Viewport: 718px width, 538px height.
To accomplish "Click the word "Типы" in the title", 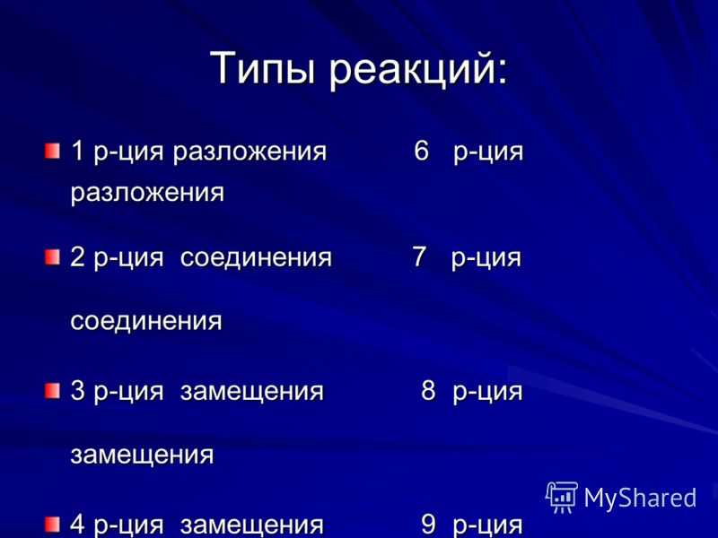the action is coord(263,69).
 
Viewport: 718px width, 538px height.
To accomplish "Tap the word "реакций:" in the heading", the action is coord(418,69).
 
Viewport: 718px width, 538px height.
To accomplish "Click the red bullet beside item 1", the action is coord(53,151).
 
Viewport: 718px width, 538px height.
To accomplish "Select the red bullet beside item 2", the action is coord(53,257).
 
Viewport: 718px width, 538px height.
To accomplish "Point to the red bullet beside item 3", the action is coord(53,391).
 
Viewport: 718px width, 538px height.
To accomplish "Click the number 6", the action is coord(421,151).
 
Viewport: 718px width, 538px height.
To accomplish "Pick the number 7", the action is coord(419,257).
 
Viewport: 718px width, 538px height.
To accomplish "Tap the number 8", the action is coord(428,391).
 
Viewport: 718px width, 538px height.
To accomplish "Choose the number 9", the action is coord(428,525).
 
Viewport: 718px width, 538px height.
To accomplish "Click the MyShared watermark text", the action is coord(640,498).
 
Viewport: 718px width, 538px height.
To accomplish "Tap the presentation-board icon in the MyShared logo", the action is coord(562,498).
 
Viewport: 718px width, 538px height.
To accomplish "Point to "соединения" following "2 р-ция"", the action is coord(256,258).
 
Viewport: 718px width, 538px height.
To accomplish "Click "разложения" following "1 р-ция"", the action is coord(250,152).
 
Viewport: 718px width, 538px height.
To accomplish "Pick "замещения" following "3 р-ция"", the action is coord(252,393).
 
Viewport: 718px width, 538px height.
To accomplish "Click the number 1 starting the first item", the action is coord(77,151).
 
